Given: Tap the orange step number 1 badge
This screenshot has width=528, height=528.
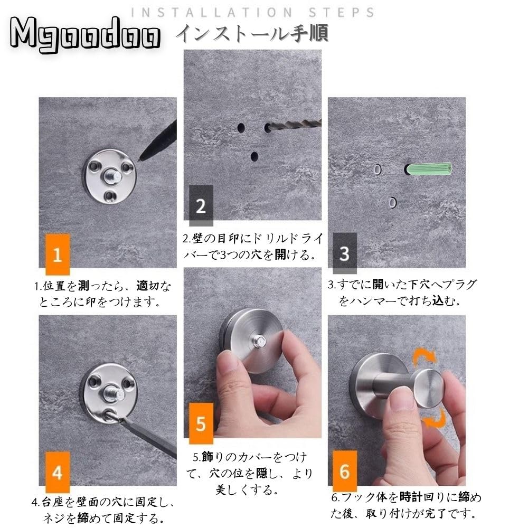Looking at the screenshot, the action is click(x=58, y=254).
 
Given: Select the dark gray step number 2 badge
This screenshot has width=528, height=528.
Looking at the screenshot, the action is click(x=201, y=205).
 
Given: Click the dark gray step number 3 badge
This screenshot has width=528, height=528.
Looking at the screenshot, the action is click(x=345, y=253).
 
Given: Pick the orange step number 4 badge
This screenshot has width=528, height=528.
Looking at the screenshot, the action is click(x=58, y=472).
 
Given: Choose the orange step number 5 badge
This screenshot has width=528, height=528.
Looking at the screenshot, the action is click(x=201, y=423).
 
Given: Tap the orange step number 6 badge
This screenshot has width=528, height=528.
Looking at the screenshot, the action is click(x=345, y=471).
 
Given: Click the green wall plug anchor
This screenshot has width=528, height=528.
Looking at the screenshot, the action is click(x=428, y=169).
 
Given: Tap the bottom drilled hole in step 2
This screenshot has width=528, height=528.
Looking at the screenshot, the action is click(x=254, y=156).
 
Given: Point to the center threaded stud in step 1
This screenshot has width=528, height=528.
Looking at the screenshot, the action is click(x=112, y=176).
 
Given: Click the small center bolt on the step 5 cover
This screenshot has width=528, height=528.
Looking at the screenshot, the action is click(x=260, y=342).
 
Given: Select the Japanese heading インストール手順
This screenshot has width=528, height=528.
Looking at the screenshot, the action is click(x=252, y=33).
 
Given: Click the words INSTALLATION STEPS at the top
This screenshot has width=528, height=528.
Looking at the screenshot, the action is click(x=252, y=13).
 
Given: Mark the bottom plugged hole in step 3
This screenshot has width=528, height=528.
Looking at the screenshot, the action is click(x=392, y=203).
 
